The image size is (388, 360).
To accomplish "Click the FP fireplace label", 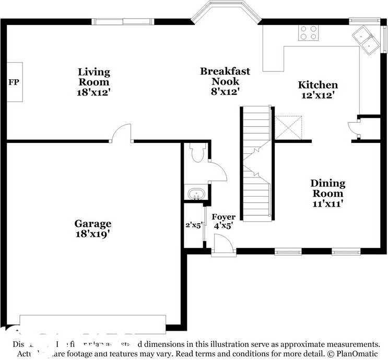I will [x=14, y=82].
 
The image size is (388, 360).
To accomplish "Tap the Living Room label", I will [x=94, y=77].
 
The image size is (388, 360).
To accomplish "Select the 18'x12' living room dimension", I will [x=94, y=92].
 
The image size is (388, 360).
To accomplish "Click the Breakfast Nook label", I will [x=225, y=76].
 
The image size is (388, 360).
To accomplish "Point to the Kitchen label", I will [x=318, y=85].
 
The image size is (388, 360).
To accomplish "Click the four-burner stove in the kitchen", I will [x=309, y=33].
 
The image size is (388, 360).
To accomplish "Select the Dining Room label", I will [x=328, y=188].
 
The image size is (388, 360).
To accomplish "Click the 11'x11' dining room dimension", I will [x=328, y=204].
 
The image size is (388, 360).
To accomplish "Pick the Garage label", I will [x=92, y=224].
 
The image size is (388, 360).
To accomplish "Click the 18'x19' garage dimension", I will [x=92, y=234].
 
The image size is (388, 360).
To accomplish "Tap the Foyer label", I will [x=223, y=217].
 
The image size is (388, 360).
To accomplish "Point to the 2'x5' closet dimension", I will [x=194, y=225].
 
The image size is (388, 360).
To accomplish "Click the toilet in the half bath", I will [x=197, y=152].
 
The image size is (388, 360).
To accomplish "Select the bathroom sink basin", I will [x=196, y=193].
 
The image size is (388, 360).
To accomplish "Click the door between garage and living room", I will [x=121, y=133].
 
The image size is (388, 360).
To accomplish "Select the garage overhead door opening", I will [x=92, y=321].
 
